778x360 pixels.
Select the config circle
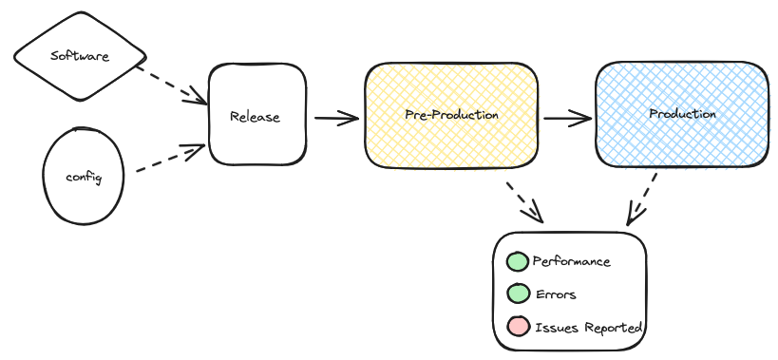(84, 178)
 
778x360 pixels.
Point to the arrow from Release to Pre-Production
(335, 119)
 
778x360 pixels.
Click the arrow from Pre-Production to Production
(566, 119)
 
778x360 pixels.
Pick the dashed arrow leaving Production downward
(642, 199)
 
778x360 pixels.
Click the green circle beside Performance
(517, 261)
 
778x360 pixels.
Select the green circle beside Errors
(517, 294)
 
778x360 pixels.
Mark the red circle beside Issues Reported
(517, 327)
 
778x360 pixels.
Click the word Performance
(571, 261)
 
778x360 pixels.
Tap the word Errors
(556, 294)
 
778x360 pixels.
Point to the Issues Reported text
(588, 328)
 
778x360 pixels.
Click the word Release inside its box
(255, 117)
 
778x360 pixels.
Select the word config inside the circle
(83, 178)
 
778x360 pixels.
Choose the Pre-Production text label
(451, 114)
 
